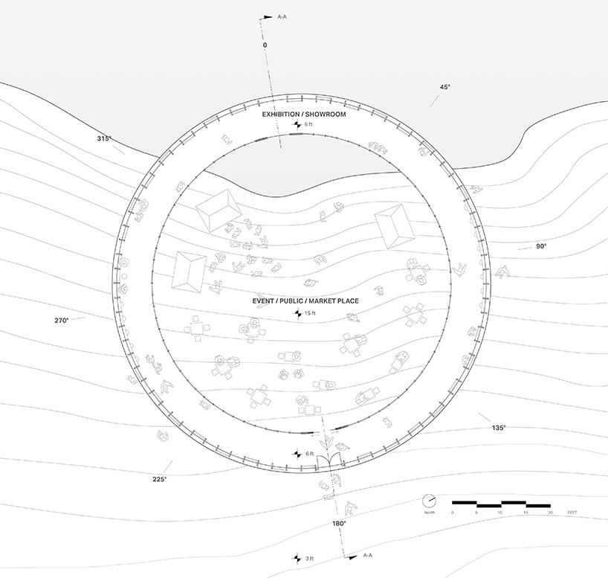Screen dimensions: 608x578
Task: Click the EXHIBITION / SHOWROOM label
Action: click(x=303, y=114)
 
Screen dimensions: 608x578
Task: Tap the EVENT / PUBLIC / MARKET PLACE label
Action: click(x=305, y=301)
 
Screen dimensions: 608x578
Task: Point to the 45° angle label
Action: click(x=445, y=87)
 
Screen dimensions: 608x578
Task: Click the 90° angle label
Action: click(x=541, y=246)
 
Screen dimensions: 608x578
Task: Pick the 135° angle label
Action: click(x=499, y=428)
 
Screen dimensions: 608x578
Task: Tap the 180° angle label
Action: click(x=339, y=523)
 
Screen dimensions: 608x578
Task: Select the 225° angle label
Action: click(x=160, y=479)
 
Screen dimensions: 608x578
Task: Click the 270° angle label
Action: click(x=62, y=321)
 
